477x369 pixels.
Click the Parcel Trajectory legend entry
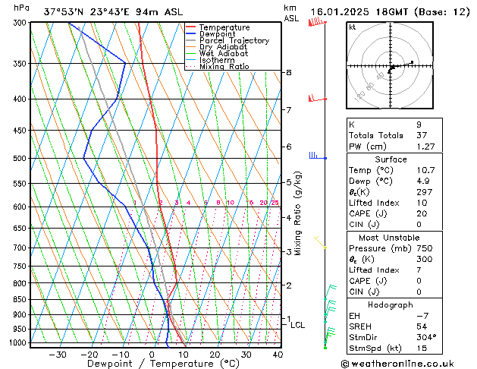click(x=234, y=41)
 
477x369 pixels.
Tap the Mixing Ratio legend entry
click(x=224, y=67)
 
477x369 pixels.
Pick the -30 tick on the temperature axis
click(x=58, y=354)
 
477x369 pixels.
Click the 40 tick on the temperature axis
click(x=278, y=354)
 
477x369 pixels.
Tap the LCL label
click(x=298, y=325)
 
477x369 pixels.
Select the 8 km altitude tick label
click(x=288, y=73)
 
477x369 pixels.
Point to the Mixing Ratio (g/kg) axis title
click(x=299, y=213)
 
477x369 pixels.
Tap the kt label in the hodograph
click(x=352, y=27)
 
